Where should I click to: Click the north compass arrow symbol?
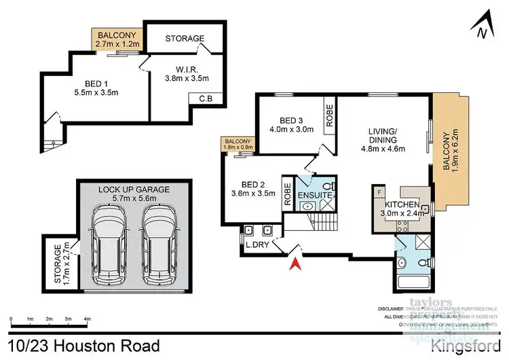tap(481, 26)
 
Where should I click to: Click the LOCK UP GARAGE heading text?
tap(134, 189)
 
